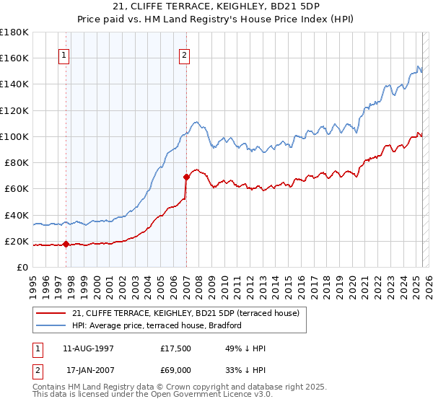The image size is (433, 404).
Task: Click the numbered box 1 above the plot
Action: (x=64, y=55)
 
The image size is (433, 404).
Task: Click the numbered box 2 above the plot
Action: (x=185, y=55)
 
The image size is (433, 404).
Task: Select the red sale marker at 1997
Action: (x=66, y=244)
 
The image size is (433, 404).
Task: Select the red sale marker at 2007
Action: (x=186, y=176)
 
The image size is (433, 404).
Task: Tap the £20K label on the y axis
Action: (x=17, y=241)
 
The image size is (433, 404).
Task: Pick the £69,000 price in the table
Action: (x=175, y=370)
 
